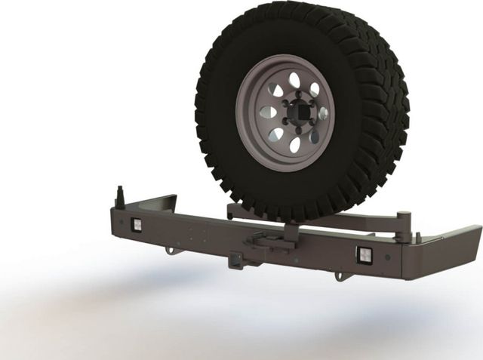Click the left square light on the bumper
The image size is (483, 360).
pos(137,225)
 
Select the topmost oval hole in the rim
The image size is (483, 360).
pos(296,81)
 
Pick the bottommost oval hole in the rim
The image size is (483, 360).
pos(295,144)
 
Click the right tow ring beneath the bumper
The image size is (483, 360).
pos(341,275)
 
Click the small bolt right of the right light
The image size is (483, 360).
pos(387,257)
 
